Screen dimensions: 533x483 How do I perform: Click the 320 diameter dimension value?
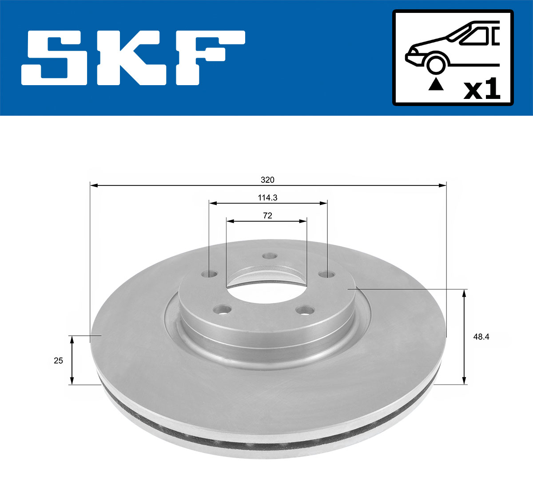click(267, 180)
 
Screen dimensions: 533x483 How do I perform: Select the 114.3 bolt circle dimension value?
click(267, 198)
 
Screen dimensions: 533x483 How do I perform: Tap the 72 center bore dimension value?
click(267, 216)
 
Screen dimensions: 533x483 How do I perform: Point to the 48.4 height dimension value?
click(481, 337)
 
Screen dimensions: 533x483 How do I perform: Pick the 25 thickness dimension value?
click(59, 361)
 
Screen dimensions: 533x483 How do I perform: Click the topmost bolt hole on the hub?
click(270, 256)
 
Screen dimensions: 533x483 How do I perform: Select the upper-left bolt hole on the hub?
click(210, 274)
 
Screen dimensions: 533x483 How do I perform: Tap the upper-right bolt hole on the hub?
click(326, 274)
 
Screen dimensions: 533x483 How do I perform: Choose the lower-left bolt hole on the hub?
click(223, 309)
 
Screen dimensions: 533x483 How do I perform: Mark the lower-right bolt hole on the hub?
click(306, 310)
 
